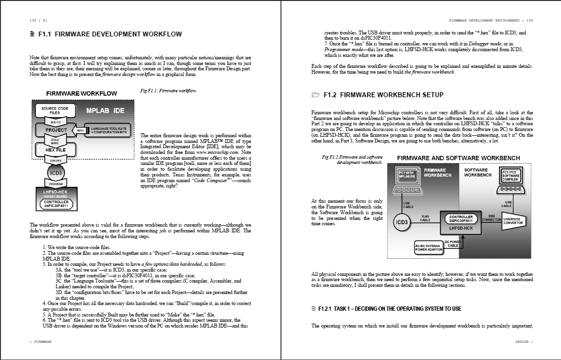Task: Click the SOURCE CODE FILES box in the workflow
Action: click(x=54, y=110)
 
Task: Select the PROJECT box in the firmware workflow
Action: click(x=56, y=130)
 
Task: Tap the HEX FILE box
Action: click(x=56, y=150)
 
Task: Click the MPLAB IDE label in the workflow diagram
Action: click(x=105, y=110)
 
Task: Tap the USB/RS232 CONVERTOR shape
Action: click(x=514, y=220)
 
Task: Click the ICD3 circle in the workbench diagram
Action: click(x=402, y=222)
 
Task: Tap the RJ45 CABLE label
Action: click(x=425, y=218)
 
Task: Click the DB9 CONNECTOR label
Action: click(x=491, y=218)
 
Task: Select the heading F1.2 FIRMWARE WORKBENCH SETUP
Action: click(x=383, y=95)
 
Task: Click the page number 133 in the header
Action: click(x=529, y=21)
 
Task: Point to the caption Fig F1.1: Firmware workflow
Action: click(x=168, y=90)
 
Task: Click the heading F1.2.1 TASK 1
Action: click(x=389, y=309)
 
